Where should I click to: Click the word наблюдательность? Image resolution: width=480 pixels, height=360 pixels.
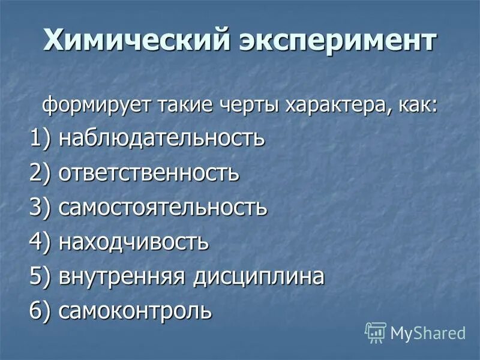coord(161,139)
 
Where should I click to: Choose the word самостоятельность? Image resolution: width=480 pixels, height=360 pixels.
coord(163,208)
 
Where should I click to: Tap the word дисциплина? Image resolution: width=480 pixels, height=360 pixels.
coord(259,277)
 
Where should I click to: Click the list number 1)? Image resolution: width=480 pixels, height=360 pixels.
coord(41,139)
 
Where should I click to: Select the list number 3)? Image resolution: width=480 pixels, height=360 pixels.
coord(41,208)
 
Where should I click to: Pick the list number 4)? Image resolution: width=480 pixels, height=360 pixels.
coord(41,242)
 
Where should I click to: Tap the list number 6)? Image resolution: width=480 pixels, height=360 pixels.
coord(41,311)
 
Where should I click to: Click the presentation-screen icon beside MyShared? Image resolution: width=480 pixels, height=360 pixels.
coord(376,332)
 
